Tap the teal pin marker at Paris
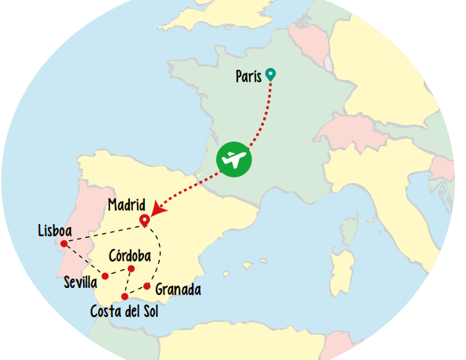[x=270, y=74]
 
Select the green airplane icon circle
[x=234, y=160]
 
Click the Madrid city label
[x=127, y=205]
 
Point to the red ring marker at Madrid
[x=144, y=220]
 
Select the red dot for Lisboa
[x=64, y=243]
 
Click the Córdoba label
[x=130, y=255]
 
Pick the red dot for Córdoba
[x=131, y=269]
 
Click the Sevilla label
[x=81, y=281]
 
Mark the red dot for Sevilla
[x=105, y=275]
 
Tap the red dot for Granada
[x=146, y=286]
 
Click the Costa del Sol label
[x=128, y=312]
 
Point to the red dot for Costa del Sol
[x=125, y=297]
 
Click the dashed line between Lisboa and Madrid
[x=102, y=232]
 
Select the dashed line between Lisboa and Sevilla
[x=85, y=260]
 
